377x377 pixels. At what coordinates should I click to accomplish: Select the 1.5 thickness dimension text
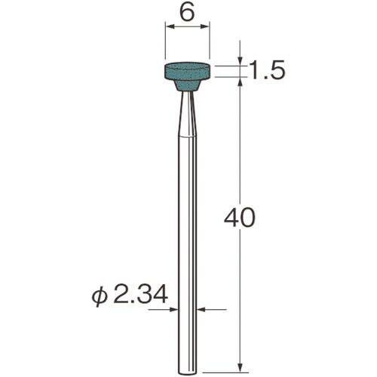pos(267,70)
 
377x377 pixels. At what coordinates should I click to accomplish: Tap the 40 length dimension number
pos(239,217)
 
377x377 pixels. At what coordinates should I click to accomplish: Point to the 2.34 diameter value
pos(141,296)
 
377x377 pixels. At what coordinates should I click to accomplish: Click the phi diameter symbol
pos(100,297)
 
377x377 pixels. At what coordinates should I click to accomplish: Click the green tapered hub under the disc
pos(187,86)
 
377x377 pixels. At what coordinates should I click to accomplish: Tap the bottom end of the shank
pos(187,372)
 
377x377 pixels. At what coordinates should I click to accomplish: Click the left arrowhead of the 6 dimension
pos(170,26)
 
